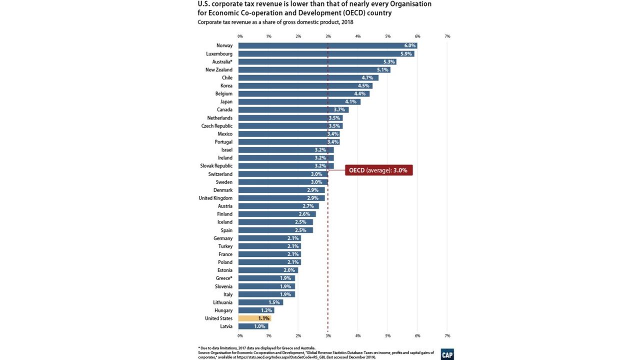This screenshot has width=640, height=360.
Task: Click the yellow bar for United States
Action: [x=254, y=318]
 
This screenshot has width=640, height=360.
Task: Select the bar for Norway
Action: [x=327, y=45]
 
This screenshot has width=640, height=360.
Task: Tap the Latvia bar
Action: [x=253, y=326]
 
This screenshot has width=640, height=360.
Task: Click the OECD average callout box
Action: [x=378, y=170]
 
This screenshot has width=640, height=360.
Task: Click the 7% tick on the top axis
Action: [x=447, y=36]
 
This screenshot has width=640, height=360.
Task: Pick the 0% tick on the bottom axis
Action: [x=240, y=335]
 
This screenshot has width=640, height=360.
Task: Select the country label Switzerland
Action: [x=220, y=174]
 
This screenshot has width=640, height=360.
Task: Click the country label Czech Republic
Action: [x=216, y=126]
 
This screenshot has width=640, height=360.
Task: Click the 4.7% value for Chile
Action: [x=367, y=77]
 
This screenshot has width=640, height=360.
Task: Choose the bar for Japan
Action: [x=299, y=101]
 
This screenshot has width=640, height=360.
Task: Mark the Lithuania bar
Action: [x=260, y=302]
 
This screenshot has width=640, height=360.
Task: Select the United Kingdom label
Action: [x=215, y=198]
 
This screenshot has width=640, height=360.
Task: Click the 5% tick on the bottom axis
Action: [x=387, y=335]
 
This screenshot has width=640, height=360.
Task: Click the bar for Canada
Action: [x=293, y=109]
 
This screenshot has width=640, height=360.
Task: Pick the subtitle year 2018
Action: [x=347, y=22]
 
